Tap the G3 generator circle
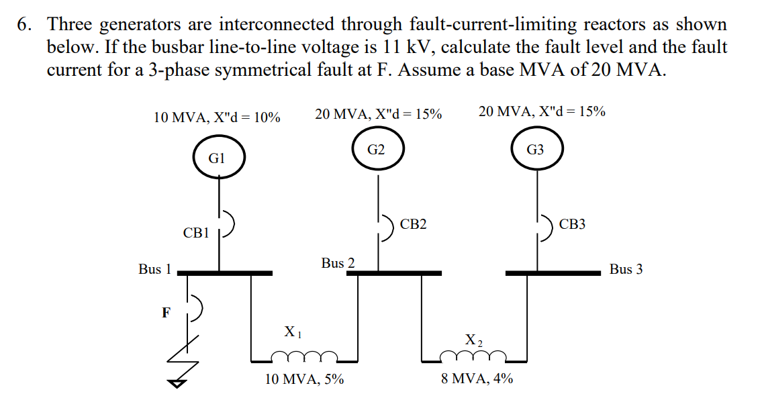(536, 150)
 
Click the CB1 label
(196, 234)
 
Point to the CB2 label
(413, 224)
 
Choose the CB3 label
(572, 224)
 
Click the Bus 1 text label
(154, 269)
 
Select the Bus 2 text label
(338, 263)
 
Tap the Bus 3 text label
(626, 269)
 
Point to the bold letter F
(165, 312)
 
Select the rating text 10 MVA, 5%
(304, 379)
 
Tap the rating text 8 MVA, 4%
(477, 379)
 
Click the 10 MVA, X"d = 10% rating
(217, 117)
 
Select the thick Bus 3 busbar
(553, 273)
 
